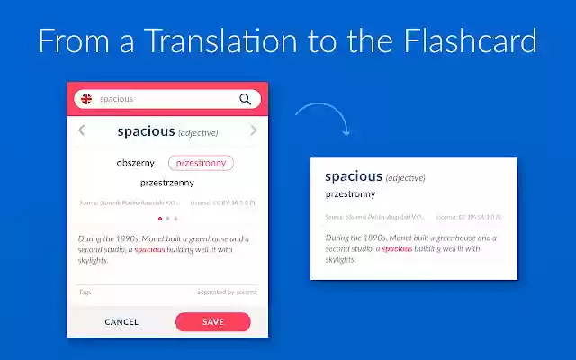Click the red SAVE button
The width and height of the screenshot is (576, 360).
(x=212, y=321)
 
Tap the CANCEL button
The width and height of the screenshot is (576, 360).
(x=121, y=322)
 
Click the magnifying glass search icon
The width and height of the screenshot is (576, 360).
(x=245, y=100)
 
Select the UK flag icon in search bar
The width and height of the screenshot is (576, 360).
(x=86, y=99)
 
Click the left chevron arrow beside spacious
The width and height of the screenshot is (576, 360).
(x=82, y=131)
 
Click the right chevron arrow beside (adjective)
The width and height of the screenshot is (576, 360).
(x=253, y=131)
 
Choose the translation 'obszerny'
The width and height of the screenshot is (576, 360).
(x=136, y=163)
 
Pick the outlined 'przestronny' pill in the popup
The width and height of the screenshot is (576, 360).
(x=202, y=163)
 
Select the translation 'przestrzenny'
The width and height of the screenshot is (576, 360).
(x=167, y=183)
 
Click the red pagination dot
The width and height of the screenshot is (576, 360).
(x=160, y=218)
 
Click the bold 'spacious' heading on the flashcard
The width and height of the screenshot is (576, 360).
(x=354, y=176)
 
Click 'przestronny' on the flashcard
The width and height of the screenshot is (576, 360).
(x=350, y=193)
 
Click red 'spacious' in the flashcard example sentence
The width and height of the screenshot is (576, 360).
(x=397, y=247)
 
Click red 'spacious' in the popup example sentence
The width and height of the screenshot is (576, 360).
(x=149, y=249)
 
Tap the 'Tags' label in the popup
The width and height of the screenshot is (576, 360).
(x=85, y=292)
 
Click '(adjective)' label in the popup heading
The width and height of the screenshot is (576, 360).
(x=198, y=132)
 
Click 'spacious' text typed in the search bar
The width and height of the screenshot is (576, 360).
(x=116, y=99)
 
